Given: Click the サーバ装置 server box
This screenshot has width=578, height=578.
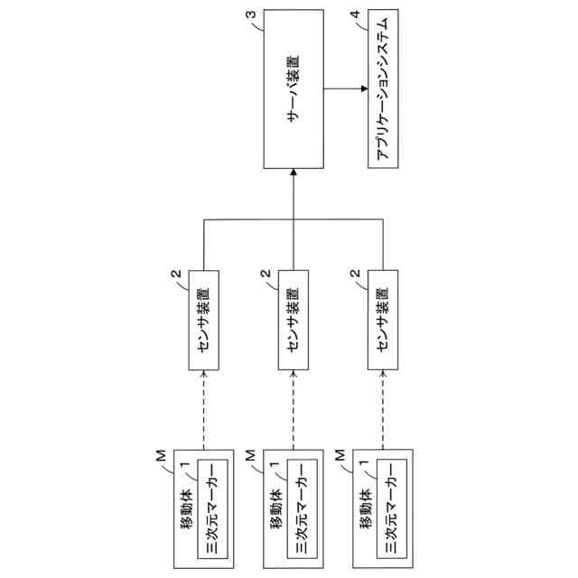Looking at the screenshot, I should click(x=294, y=89).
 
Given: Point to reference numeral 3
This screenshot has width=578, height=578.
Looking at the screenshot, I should click(x=249, y=14).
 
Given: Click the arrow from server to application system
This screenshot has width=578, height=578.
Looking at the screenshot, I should click(x=345, y=89).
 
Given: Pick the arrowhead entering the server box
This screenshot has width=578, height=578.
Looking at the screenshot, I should click(x=294, y=174).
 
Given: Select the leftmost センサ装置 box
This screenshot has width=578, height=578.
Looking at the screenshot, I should click(x=204, y=319).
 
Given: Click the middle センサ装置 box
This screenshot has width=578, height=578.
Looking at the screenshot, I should click(x=294, y=319).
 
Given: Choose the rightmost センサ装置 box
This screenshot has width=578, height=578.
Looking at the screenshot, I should click(x=383, y=319).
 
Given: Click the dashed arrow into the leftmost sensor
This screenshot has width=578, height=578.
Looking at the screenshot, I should click(x=204, y=406).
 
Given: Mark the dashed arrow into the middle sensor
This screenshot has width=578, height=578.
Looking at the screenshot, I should click(x=294, y=406).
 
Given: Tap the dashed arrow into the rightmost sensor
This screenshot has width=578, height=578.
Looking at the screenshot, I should click(x=383, y=406).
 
